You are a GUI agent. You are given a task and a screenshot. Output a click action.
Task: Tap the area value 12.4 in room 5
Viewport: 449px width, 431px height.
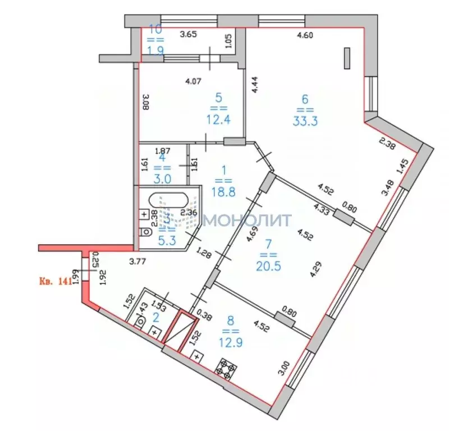(x=215, y=120)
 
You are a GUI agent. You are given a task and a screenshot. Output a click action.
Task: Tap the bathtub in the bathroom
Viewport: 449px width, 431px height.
(x=168, y=201)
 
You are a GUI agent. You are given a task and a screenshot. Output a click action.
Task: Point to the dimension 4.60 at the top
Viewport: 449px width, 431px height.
(x=304, y=35)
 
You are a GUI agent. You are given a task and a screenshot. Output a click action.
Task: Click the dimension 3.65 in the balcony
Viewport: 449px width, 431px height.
(x=188, y=35)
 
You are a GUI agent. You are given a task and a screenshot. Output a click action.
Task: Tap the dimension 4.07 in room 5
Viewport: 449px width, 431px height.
(x=194, y=80)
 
